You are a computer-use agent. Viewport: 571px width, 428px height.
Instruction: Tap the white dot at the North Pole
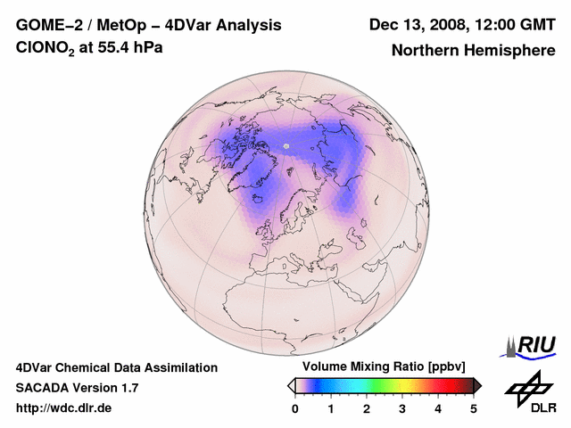coord(286,145)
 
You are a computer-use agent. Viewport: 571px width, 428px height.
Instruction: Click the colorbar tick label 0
coord(295,408)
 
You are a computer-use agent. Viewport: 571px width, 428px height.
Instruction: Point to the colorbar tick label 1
coord(331,408)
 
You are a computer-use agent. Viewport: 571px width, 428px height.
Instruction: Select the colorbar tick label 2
coord(367,408)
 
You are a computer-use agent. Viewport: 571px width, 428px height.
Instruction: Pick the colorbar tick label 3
coord(402,408)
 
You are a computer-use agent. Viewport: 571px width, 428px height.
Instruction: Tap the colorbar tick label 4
coord(438,408)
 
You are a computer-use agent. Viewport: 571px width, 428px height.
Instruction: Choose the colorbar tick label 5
coord(473,408)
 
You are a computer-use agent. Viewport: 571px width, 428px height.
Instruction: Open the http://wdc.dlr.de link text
coord(64,408)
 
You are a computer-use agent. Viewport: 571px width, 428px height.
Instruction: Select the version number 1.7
coord(128,388)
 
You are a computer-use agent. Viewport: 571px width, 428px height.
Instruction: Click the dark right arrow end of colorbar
coord(477,384)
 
